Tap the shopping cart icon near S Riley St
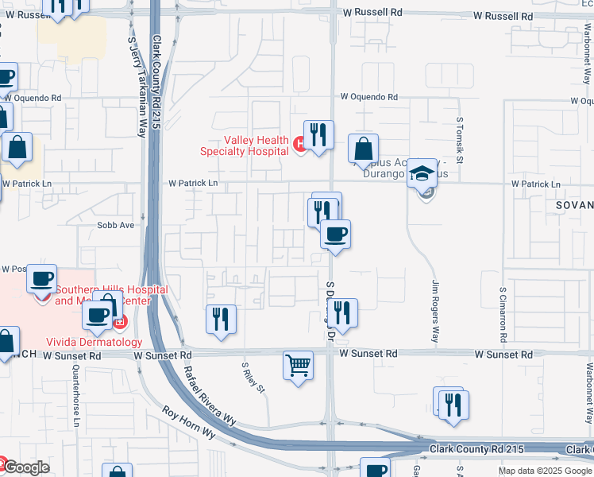298,366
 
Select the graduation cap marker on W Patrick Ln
422,173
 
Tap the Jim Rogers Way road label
434,311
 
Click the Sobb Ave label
116,225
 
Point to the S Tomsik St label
459,138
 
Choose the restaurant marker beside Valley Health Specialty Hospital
318,135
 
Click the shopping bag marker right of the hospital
363,148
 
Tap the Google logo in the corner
25,467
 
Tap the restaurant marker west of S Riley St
221,319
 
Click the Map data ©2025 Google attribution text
545,471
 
